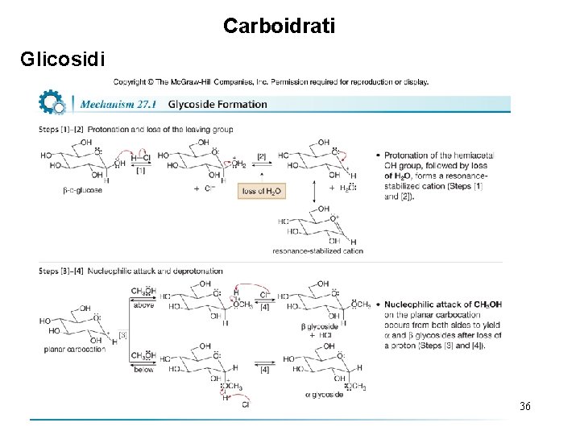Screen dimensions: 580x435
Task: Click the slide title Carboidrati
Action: point(279,26)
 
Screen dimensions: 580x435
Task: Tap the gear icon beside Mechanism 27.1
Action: point(51,103)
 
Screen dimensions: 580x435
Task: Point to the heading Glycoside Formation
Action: point(217,104)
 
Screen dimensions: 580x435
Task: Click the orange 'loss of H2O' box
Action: point(262,191)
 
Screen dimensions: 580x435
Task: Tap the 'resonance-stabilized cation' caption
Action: point(317,251)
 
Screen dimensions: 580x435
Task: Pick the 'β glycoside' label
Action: point(317,325)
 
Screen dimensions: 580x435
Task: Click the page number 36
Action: point(525,406)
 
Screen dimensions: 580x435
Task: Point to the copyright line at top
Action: point(271,81)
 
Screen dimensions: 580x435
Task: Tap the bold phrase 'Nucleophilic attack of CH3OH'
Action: point(443,304)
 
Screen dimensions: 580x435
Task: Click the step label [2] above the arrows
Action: point(262,156)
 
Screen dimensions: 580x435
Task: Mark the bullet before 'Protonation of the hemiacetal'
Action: point(378,155)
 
